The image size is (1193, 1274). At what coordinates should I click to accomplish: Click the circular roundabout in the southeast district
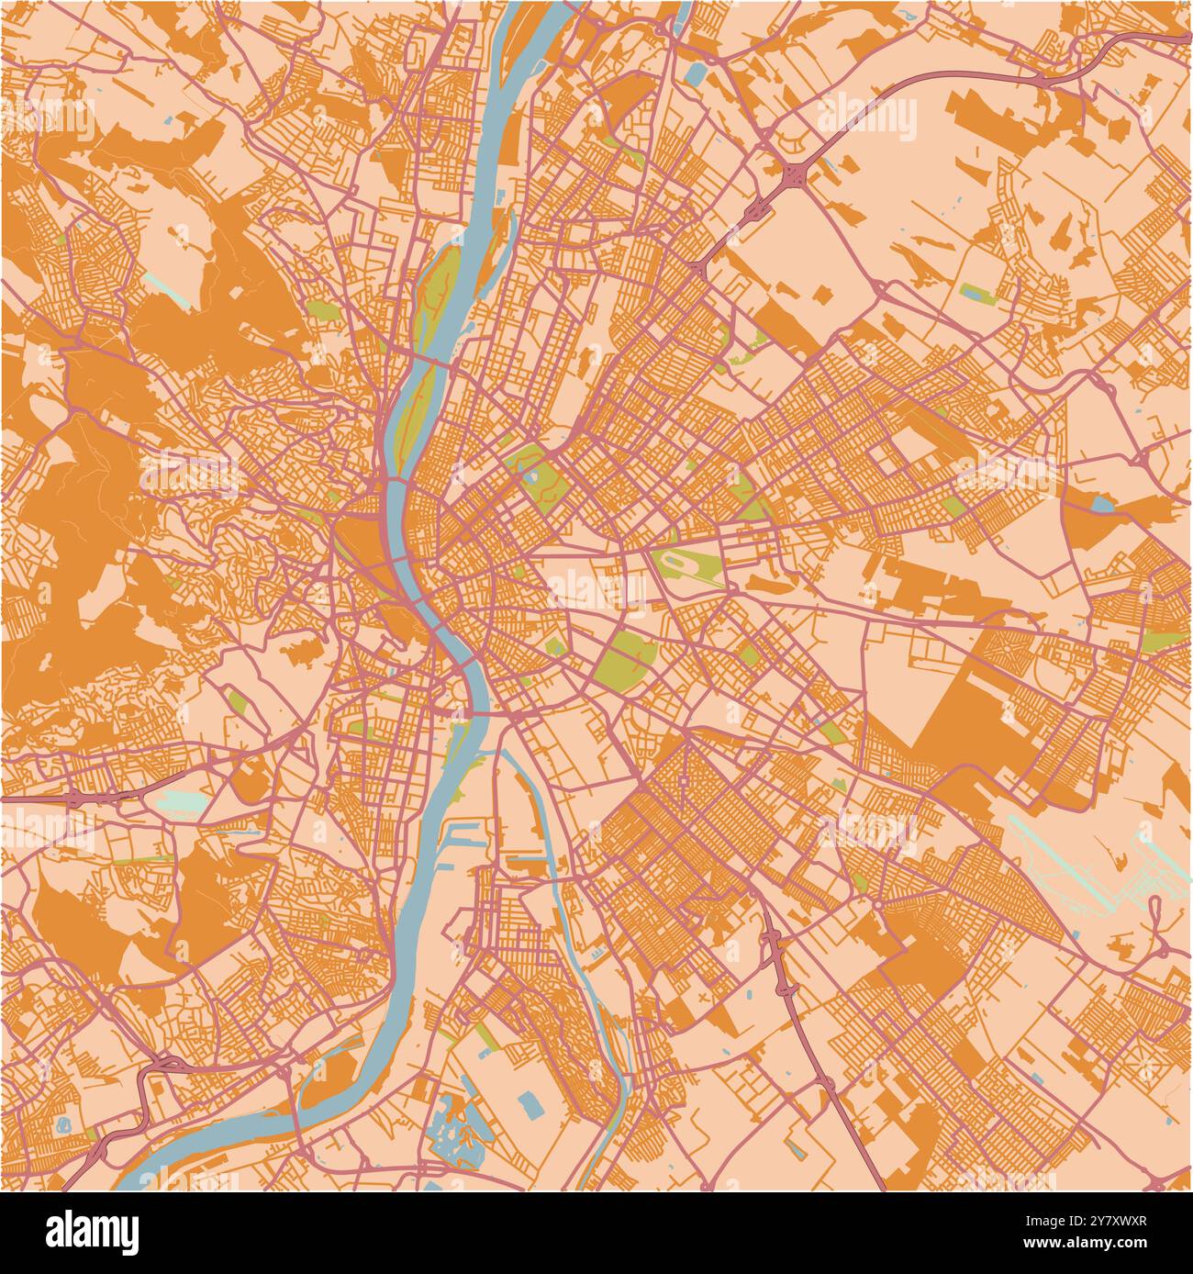(877, 904)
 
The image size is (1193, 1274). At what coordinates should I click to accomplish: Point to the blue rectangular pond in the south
(530, 1104)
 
